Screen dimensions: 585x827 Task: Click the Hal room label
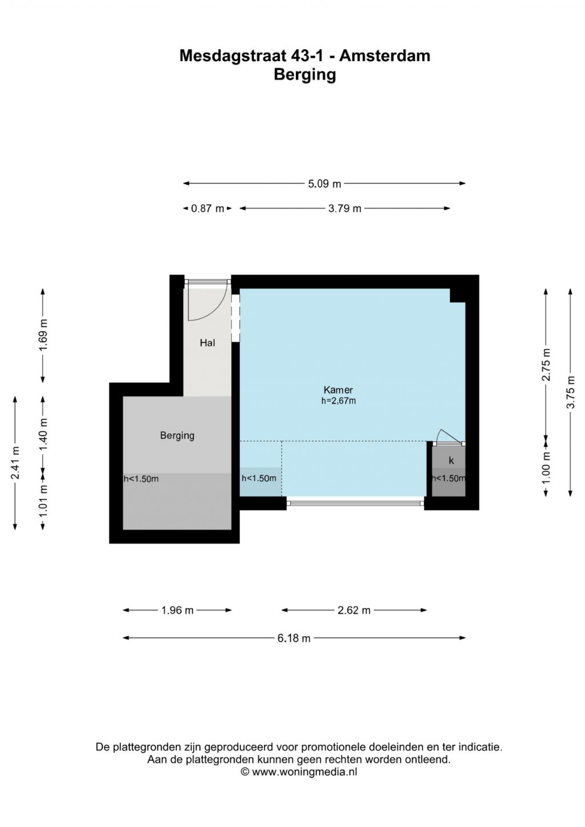click(x=207, y=343)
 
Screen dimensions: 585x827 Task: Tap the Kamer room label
click(x=338, y=390)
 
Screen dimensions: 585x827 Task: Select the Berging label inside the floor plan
click(x=177, y=436)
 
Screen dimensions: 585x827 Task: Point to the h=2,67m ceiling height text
click(x=338, y=400)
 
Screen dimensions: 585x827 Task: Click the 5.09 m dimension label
click(x=324, y=183)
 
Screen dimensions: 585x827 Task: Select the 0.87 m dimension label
click(x=207, y=208)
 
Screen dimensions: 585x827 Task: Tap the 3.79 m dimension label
click(x=344, y=208)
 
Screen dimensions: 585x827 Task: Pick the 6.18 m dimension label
click(x=294, y=638)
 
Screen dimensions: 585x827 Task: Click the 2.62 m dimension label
click(x=354, y=611)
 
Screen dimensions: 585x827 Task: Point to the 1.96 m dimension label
click(x=177, y=611)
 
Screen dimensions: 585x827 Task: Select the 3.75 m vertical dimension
click(x=571, y=392)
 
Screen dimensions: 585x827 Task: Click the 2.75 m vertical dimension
click(x=546, y=364)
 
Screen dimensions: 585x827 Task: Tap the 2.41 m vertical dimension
click(x=15, y=463)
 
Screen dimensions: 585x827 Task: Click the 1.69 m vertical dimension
click(x=43, y=335)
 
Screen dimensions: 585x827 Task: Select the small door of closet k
click(x=449, y=437)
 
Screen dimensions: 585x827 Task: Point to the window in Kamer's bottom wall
click(x=355, y=503)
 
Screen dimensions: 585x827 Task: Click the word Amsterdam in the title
click(x=384, y=56)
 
